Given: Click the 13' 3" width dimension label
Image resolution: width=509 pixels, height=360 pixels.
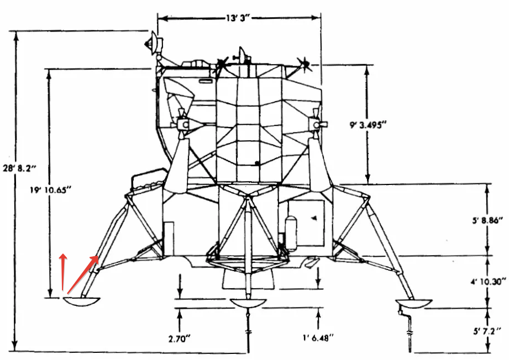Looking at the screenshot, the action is [239, 18].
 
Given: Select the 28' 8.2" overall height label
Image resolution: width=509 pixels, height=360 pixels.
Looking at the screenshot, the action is [19, 168].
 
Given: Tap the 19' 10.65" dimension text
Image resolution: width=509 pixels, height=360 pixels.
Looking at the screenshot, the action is [50, 190].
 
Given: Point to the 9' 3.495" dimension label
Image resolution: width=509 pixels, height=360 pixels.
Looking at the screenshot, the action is [367, 125].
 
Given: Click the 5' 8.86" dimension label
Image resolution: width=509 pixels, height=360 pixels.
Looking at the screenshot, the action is [487, 220].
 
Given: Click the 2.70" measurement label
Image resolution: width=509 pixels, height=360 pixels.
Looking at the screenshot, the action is [179, 339].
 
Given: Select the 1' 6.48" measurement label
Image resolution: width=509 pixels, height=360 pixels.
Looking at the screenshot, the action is [318, 338].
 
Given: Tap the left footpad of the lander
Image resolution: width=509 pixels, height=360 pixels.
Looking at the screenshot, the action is [81, 301].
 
